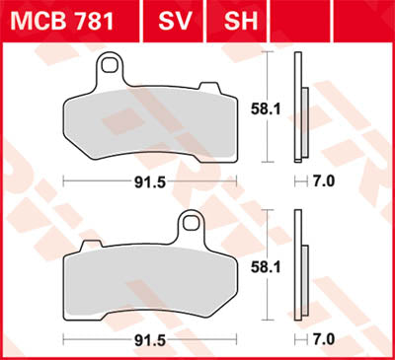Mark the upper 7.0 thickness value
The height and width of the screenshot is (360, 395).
[325, 181]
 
